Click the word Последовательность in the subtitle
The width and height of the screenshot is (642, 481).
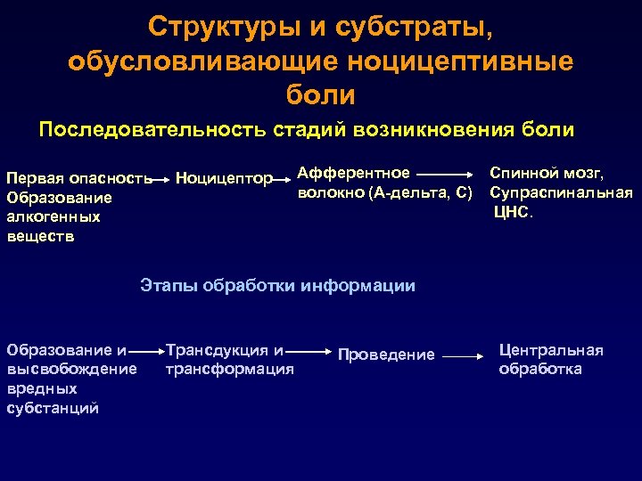152,130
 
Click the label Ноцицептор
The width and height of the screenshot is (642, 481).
224,179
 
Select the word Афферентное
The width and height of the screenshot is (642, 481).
353,173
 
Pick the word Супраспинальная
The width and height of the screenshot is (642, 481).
561,192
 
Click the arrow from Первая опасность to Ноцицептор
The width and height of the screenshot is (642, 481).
160,179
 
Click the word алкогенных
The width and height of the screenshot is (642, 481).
53,217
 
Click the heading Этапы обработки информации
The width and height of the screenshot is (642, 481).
277,286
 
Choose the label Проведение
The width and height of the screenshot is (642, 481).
386,355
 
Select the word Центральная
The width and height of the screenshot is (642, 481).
551,350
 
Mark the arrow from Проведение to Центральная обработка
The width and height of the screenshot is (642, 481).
464,356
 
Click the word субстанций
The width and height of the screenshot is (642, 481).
52,408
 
